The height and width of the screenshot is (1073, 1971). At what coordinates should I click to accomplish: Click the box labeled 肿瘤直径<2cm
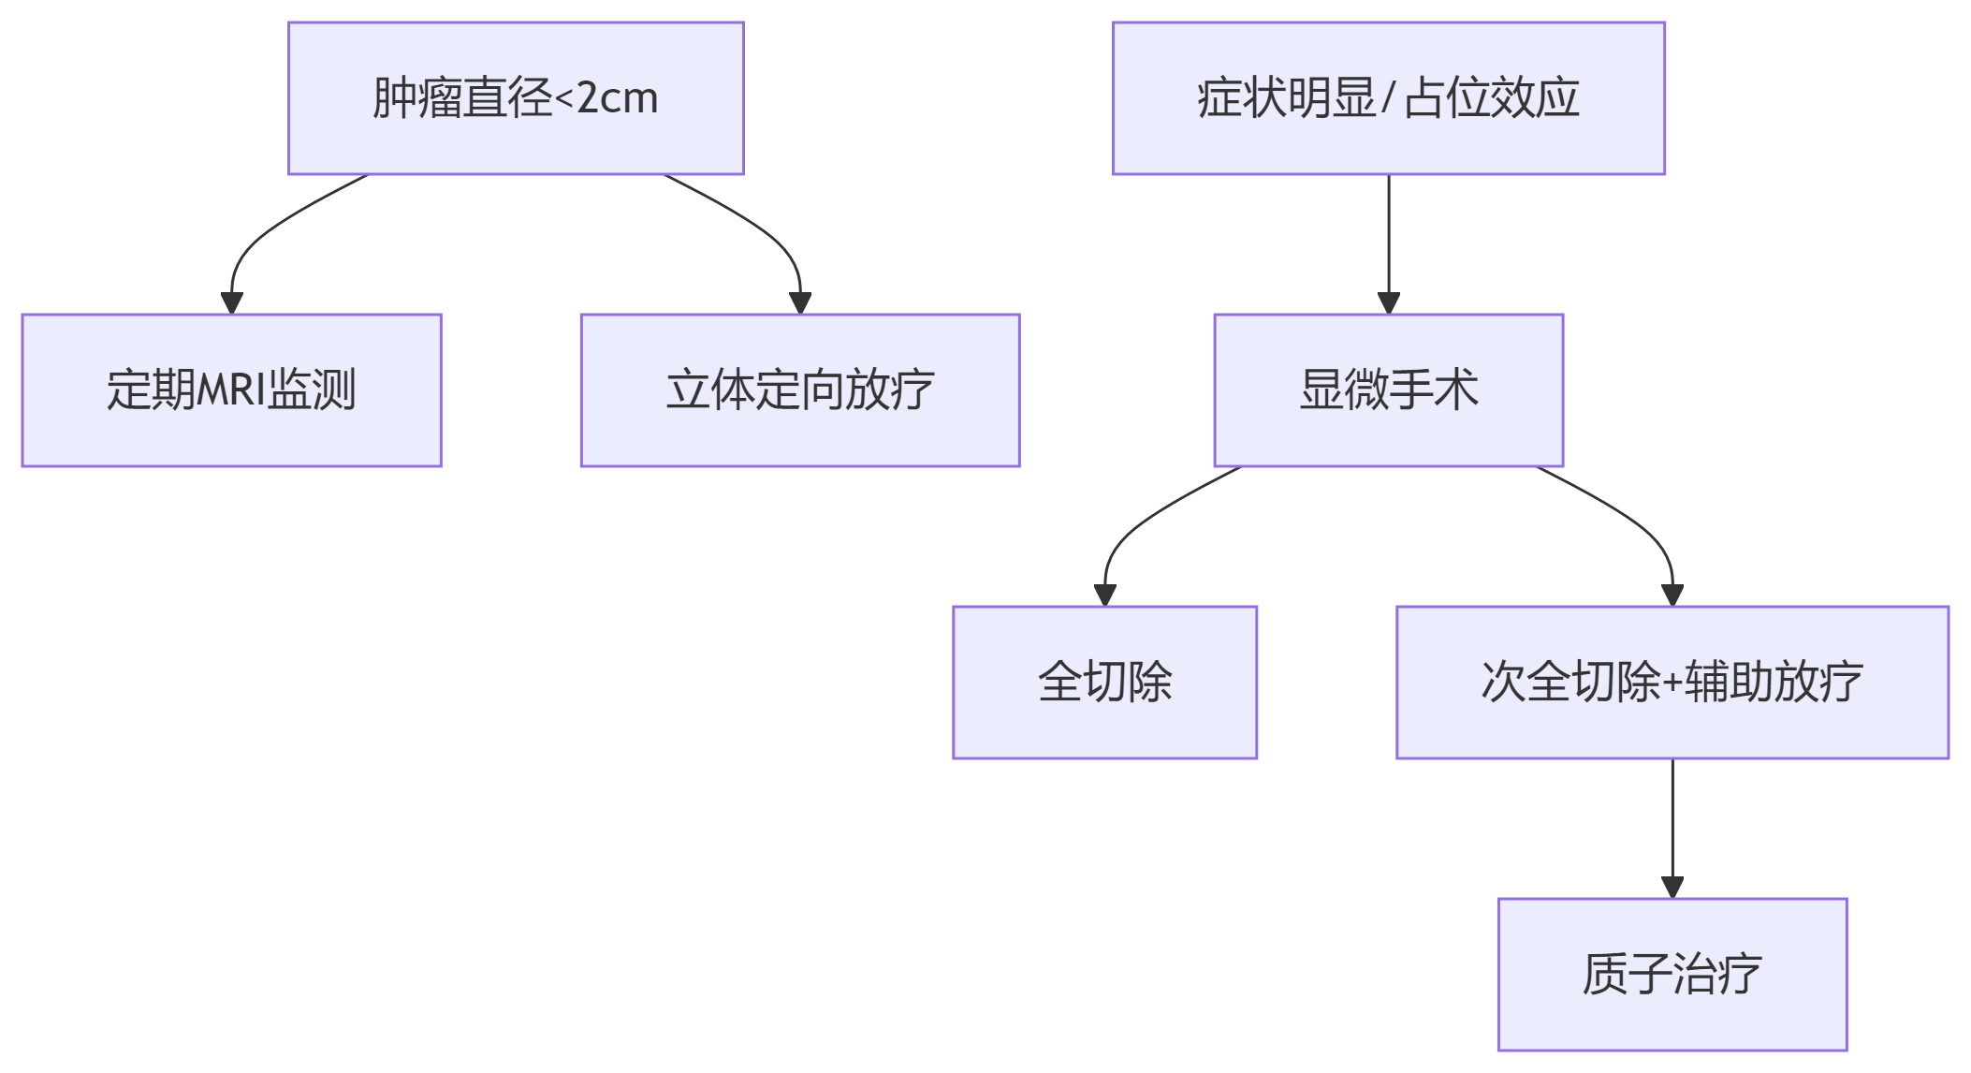point(516,98)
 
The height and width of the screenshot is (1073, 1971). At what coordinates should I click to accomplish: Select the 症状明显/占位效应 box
point(1388,98)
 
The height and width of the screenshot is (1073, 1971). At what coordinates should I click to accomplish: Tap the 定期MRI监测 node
point(231,390)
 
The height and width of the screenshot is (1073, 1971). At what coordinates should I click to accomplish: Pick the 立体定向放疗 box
point(800,390)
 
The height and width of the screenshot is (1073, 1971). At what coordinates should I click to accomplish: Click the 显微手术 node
point(1388,390)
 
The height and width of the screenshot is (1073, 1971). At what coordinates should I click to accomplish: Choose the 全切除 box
point(1104,683)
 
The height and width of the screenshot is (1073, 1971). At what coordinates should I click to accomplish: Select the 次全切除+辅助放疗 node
point(1672,683)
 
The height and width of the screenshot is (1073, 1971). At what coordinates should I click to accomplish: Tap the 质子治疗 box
point(1672,975)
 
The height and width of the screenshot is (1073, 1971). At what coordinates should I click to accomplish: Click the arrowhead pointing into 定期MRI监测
point(232,303)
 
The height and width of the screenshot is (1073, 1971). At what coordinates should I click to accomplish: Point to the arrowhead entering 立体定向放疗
point(800,303)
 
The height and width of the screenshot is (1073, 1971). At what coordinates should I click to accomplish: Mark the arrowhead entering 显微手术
point(1389,303)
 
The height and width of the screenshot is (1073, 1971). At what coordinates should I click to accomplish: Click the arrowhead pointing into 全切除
point(1105,595)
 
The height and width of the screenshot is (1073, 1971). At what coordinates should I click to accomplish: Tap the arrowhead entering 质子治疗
point(1672,888)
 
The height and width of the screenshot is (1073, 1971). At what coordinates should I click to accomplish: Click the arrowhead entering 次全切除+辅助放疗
point(1672,595)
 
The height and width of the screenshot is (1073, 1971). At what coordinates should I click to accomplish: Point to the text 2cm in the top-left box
point(618,98)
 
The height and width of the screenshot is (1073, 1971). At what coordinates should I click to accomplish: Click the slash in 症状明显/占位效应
point(1389,98)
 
